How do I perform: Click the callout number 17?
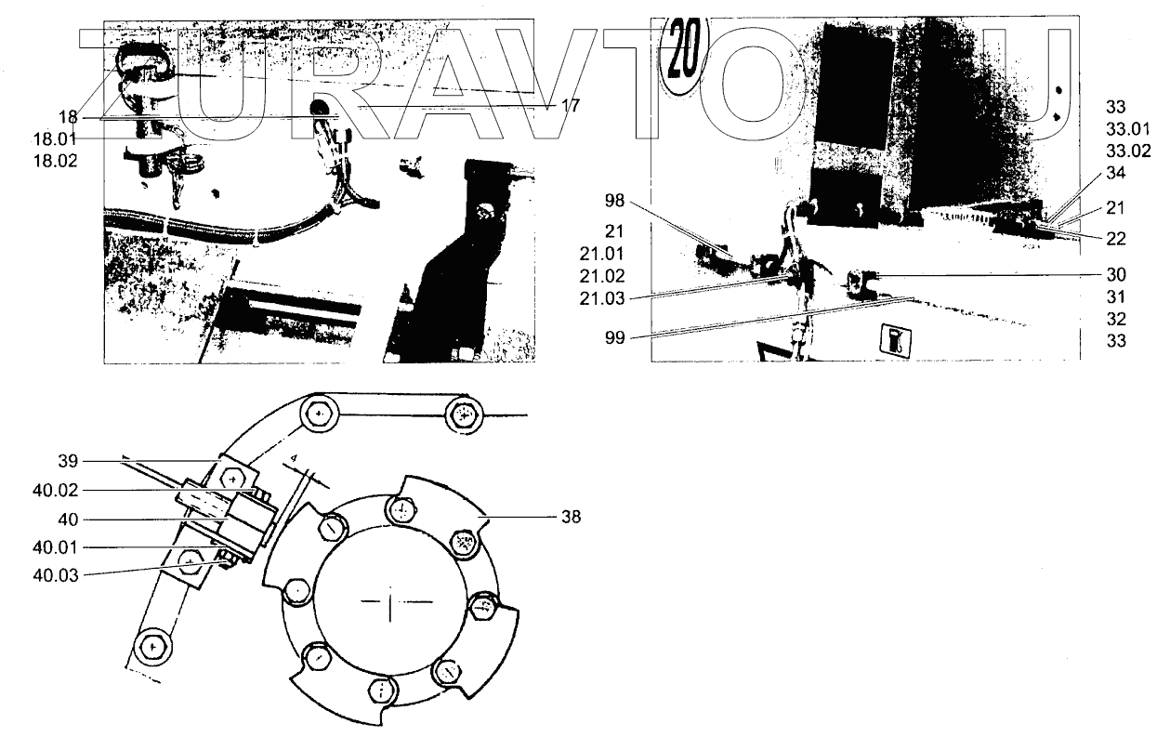click(x=571, y=106)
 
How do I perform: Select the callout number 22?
click(x=1116, y=238)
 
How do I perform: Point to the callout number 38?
click(x=570, y=518)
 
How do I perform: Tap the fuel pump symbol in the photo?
click(x=896, y=341)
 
